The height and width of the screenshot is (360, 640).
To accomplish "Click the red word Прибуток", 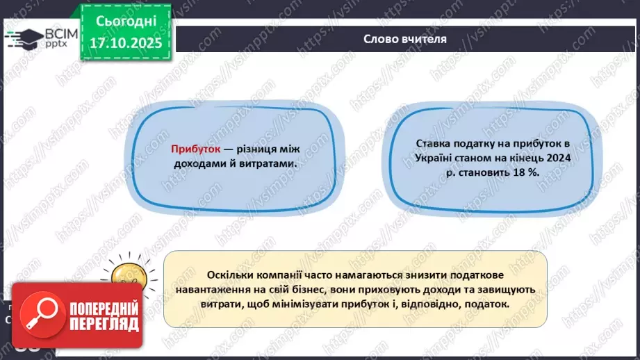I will click(195, 149).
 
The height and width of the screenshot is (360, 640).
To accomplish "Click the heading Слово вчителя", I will click(405, 39).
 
